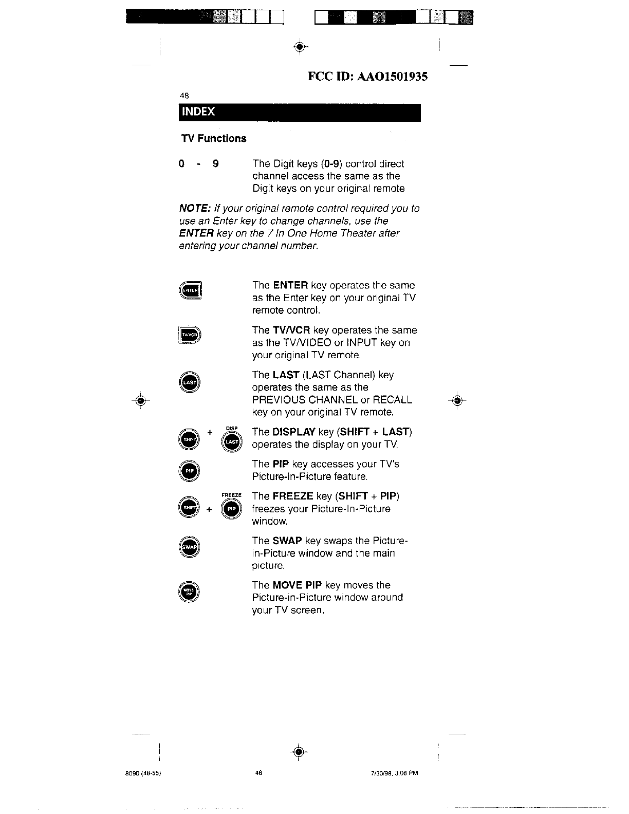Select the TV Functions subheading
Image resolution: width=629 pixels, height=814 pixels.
point(214,138)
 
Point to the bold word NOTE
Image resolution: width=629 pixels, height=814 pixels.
point(192,209)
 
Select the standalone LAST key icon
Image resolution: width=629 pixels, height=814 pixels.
point(190,382)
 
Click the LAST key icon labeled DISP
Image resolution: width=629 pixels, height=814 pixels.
point(232,441)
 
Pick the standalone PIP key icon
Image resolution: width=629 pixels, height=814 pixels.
point(190,471)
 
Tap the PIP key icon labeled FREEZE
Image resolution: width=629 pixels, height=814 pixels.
point(232,509)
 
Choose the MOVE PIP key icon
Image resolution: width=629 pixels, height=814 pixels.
point(190,591)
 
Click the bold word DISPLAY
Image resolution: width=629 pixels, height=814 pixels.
point(294,432)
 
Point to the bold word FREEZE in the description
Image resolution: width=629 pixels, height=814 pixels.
point(293,496)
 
